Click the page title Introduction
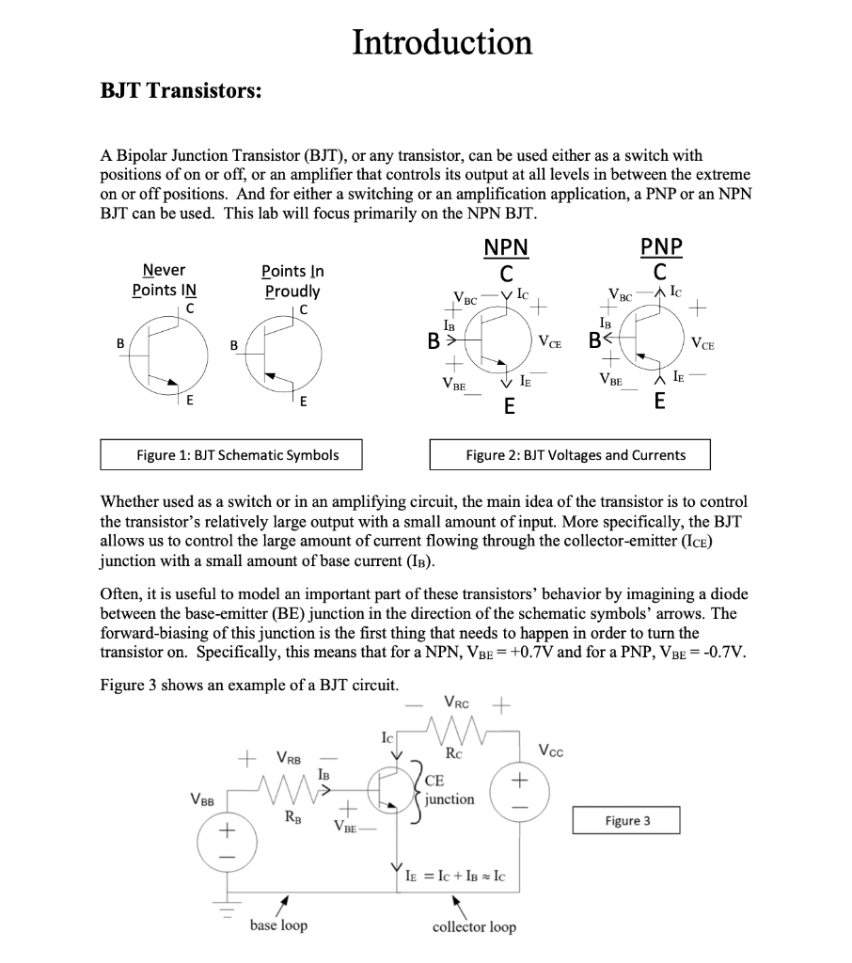tap(441, 42)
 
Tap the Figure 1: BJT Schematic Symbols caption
tap(237, 455)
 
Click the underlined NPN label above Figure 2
tap(506, 247)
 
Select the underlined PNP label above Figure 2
tap(661, 247)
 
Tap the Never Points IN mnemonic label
tap(164, 280)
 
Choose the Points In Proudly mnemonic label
tap(292, 280)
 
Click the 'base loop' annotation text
tap(278, 925)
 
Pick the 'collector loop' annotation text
tap(474, 927)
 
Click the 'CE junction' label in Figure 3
tap(448, 789)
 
